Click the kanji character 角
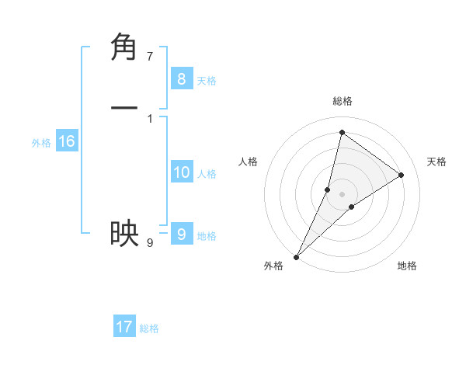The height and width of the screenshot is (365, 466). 124,47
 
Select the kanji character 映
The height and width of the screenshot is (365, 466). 124,233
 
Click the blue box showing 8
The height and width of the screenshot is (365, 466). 181,78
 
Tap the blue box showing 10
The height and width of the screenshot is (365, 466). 181,172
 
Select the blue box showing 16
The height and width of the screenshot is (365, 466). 66,141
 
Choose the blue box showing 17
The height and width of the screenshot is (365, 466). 124,327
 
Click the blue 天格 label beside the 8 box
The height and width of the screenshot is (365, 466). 207,80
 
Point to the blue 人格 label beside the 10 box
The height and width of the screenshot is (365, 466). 207,174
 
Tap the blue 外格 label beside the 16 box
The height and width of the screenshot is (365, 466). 41,143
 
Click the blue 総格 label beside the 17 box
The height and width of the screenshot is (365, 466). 149,328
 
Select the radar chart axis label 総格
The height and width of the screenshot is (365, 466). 342,101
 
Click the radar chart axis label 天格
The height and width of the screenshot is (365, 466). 436,162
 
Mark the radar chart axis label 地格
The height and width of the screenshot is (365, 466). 407,266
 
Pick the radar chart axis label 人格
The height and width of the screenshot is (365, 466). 248,162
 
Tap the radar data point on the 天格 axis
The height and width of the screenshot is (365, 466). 402,175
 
